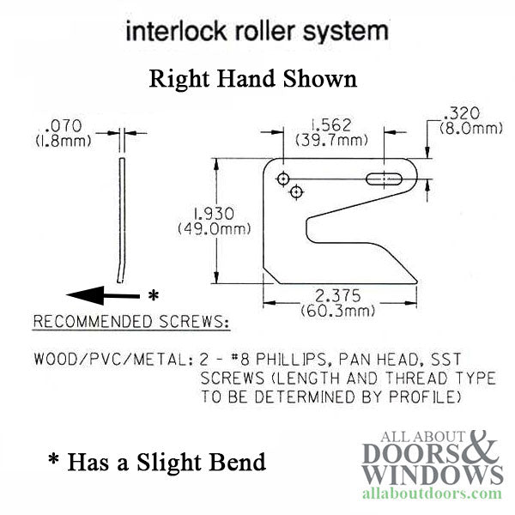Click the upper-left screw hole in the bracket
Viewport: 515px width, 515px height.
(282, 178)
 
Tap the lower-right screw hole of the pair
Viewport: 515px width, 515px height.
(296, 191)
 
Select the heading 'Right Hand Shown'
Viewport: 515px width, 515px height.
(252, 80)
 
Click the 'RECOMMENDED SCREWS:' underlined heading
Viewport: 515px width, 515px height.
(130, 323)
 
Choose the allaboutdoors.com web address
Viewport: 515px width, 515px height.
(435, 495)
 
